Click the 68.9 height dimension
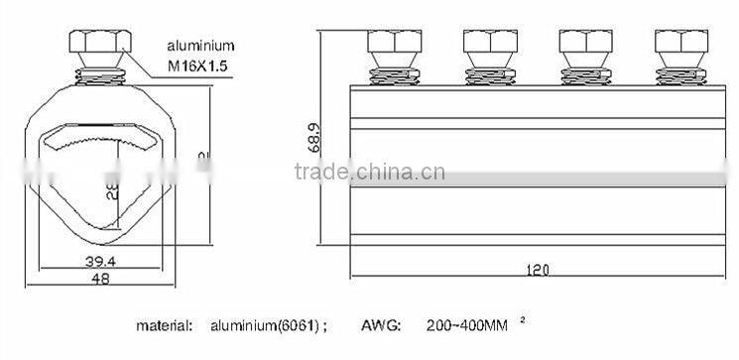click(314, 136)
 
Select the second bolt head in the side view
click(487, 46)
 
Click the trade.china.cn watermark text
click(370, 173)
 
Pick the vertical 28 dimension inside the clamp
click(111, 189)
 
